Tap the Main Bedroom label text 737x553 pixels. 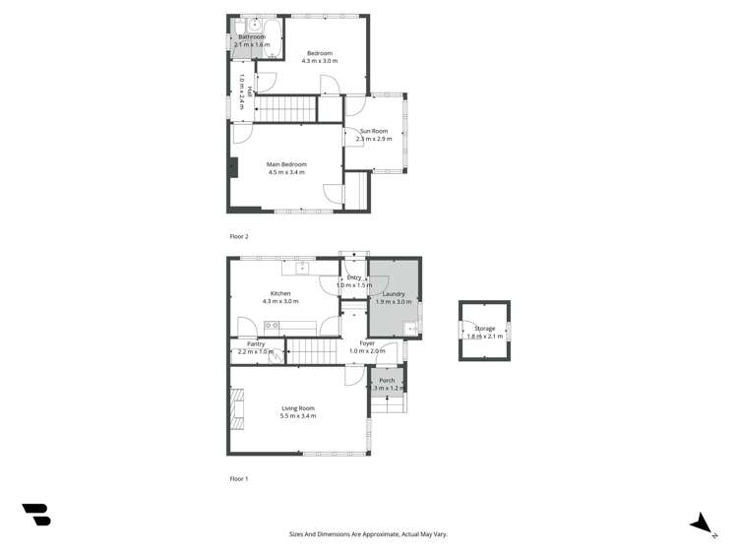(286, 164)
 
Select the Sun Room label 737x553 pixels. (373, 131)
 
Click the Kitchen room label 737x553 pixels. (280, 293)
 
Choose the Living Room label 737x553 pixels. (298, 407)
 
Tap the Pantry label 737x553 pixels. (256, 343)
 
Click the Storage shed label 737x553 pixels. (484, 329)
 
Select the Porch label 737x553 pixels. (387, 380)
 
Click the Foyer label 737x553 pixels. (368, 343)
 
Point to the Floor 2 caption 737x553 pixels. (239, 237)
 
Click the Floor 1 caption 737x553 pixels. (239, 478)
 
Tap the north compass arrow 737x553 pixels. (703, 523)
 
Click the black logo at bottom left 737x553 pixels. (36, 514)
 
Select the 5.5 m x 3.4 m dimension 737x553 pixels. (298, 416)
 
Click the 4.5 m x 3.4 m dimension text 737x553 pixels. (286, 173)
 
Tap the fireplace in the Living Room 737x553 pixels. (234, 408)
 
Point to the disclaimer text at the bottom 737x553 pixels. (368, 534)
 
